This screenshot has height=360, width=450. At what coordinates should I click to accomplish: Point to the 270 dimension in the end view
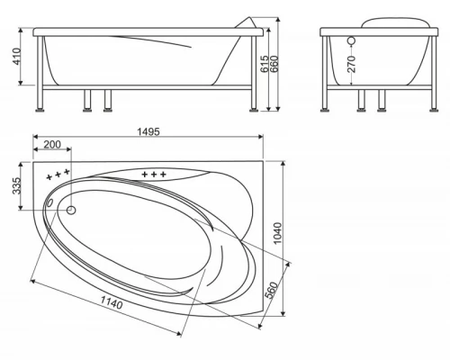point(352,64)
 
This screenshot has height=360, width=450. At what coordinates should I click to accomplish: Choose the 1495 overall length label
point(148,131)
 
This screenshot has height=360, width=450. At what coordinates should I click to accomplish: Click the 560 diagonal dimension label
point(276,290)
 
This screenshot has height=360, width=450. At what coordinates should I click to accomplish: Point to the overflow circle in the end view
point(352,41)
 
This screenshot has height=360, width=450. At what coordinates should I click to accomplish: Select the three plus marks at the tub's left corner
point(56,173)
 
